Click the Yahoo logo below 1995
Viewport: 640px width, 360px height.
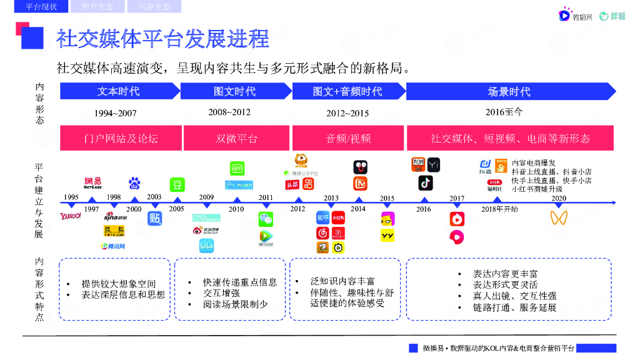71,216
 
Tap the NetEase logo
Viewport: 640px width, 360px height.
92,182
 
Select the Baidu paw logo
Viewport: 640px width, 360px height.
134,183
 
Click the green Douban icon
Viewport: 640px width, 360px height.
177,184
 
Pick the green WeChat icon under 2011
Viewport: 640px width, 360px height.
266,219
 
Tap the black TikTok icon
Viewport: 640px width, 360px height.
426,183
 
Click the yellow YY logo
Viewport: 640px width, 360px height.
387,236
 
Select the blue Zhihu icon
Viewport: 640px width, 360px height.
322,218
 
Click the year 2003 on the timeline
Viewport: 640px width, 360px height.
154,197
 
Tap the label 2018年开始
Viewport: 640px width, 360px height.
499,209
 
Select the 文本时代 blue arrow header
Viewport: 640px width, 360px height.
118,91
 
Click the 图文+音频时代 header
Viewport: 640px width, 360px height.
347,91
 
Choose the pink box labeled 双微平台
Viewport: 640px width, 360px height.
236,138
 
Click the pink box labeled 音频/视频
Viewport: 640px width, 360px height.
347,138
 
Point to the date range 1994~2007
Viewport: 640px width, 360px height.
115,114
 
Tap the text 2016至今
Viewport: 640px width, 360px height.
503,112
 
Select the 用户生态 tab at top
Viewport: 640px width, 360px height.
97,7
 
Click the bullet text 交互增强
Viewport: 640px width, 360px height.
221,293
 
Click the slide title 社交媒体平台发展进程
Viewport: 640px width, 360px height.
162,39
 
